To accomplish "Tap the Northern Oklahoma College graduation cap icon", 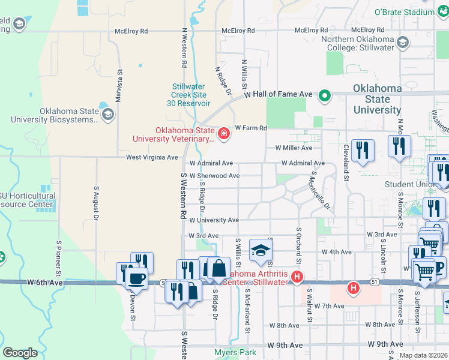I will click(402, 41).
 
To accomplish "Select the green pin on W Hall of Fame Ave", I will click(325, 95).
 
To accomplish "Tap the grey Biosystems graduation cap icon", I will click(107, 115).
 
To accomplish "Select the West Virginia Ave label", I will click(152, 157).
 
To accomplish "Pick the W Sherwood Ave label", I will click(214, 176).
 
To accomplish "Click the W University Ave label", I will click(214, 220).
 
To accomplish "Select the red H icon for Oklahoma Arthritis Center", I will click(296, 277).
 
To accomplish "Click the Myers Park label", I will click(236, 352).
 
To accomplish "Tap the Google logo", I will click(20, 353).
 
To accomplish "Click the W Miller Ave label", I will click(294, 148).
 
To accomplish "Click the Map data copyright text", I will click(424, 355).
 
